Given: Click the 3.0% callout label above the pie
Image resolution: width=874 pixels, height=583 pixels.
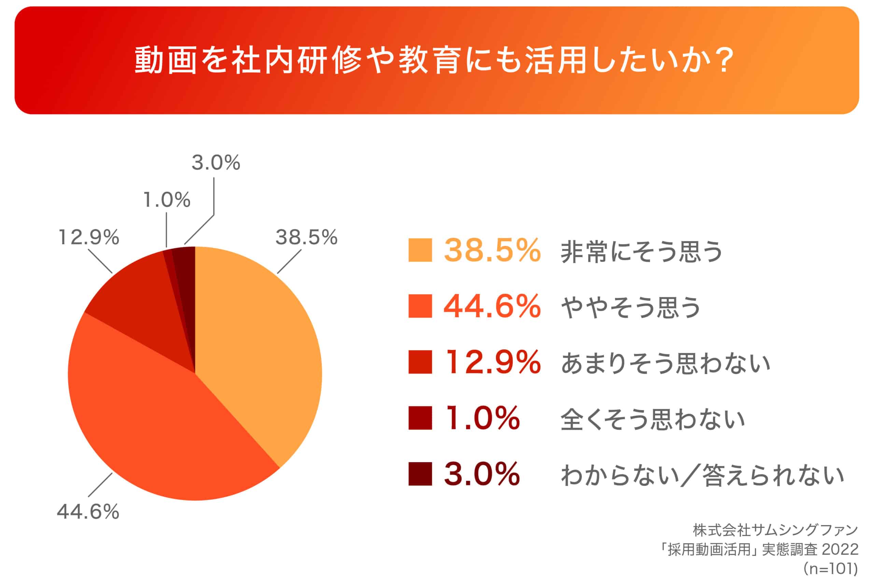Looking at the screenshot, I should click(216, 163).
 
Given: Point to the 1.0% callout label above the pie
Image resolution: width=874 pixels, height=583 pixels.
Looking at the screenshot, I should click(167, 200).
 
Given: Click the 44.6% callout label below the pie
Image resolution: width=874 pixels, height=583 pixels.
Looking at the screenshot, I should click(88, 512).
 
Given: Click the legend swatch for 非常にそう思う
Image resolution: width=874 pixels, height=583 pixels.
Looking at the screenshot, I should click(420, 250).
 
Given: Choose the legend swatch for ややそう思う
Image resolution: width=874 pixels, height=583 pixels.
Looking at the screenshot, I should click(420, 306).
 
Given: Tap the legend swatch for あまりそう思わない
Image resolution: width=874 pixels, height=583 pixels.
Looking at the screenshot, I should click(420, 362).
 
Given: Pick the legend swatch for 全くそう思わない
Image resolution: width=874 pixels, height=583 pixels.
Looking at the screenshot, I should click(420, 418).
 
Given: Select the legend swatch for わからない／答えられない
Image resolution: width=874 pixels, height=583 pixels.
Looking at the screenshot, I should click(420, 474).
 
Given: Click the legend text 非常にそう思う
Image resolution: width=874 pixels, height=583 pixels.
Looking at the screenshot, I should click(641, 251).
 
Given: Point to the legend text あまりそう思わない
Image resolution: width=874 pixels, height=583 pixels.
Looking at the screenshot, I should click(665, 363).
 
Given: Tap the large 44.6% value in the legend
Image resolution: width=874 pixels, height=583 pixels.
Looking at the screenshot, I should click(492, 306).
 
